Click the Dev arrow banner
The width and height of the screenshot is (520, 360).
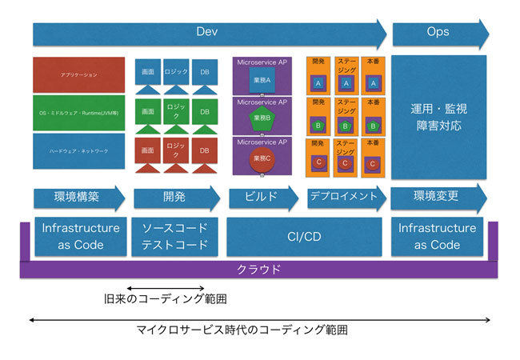pos(208,33)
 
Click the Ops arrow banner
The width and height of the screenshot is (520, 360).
pos(438,33)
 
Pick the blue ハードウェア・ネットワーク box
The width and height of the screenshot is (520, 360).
pos(78,150)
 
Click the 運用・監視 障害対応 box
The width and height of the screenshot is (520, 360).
pos(438,117)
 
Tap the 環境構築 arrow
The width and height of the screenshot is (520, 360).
pos(78,198)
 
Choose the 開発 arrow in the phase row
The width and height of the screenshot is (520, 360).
pos(175,198)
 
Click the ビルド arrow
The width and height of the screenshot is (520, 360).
pos(262,198)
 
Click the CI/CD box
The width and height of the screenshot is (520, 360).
pos(304,236)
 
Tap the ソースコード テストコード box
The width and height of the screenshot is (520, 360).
pos(174,236)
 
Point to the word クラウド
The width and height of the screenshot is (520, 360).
pos(259,270)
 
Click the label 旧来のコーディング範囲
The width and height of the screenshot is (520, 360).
pos(166,300)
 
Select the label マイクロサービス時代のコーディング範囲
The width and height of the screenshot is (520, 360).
pos(259,330)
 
